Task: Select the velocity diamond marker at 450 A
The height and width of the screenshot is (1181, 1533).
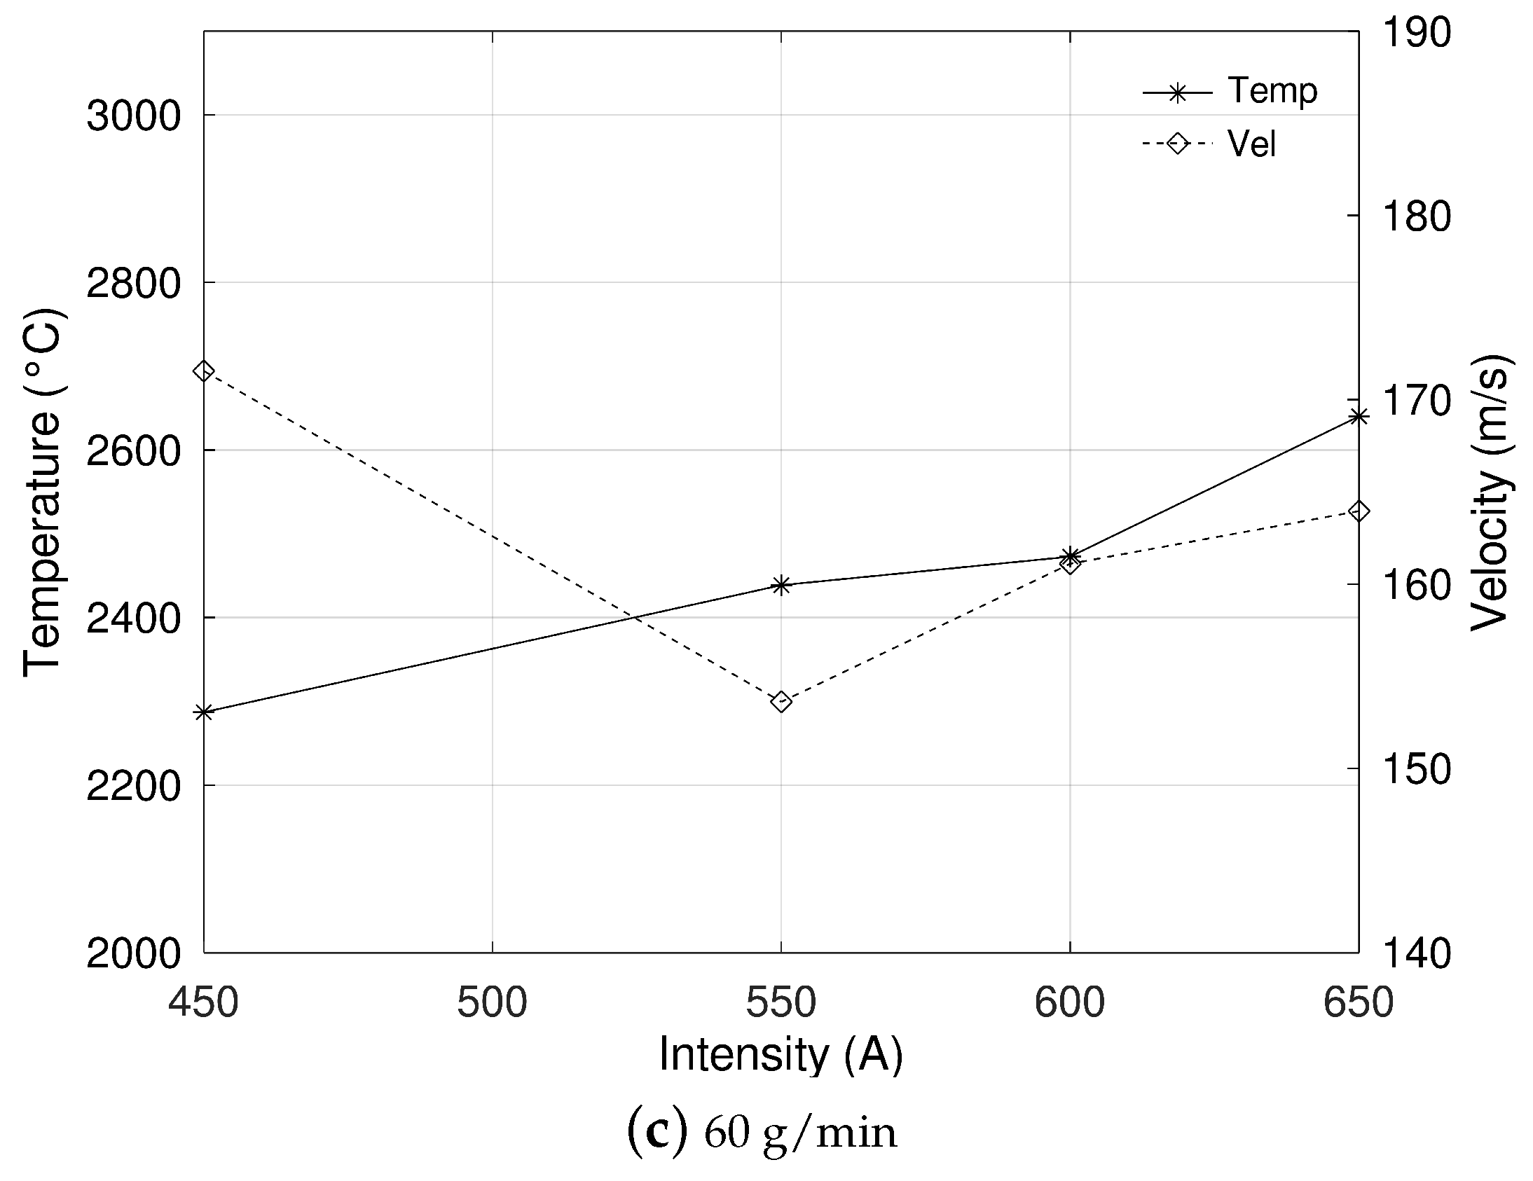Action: pyautogui.click(x=204, y=371)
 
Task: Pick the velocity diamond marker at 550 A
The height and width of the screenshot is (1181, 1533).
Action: pyautogui.click(x=781, y=701)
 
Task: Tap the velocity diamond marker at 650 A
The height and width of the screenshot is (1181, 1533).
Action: pyautogui.click(x=1359, y=511)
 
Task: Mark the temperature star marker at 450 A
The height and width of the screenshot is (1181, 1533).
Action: pyautogui.click(x=204, y=712)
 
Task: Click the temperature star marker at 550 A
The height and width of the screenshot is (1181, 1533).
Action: pyautogui.click(x=781, y=584)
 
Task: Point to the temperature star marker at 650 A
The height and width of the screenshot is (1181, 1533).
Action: pyautogui.click(x=1359, y=417)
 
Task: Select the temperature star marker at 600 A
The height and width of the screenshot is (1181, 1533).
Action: pyautogui.click(x=1070, y=556)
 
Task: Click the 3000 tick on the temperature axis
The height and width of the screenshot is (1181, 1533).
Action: pyautogui.click(x=133, y=116)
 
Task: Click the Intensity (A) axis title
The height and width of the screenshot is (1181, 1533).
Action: pyautogui.click(x=781, y=1055)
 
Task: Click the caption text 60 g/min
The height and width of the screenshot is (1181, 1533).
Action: pyautogui.click(x=800, y=1134)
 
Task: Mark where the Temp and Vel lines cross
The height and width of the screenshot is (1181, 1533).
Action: pyautogui.click(x=633, y=618)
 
